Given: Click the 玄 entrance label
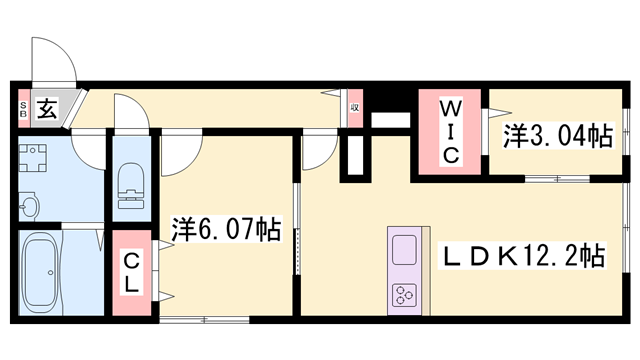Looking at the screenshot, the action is pyautogui.click(x=47, y=109).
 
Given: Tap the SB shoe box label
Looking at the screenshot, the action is pyautogui.click(x=23, y=109).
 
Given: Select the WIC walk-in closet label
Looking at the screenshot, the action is pyautogui.click(x=451, y=132).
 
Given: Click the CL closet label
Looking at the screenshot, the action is pyautogui.click(x=131, y=273).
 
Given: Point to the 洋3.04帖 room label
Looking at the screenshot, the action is pyautogui.click(x=558, y=136).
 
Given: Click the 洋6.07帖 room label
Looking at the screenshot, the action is pyautogui.click(x=226, y=229).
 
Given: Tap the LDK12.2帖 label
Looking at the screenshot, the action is pyautogui.click(x=522, y=256).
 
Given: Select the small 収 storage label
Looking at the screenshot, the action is pyautogui.click(x=355, y=108).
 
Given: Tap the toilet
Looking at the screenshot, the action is pyautogui.click(x=131, y=186).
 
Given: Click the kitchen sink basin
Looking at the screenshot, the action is pyautogui.click(x=404, y=250).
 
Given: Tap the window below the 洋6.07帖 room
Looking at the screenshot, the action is pyautogui.click(x=204, y=320).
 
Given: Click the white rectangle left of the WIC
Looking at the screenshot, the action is pyautogui.click(x=390, y=120).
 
